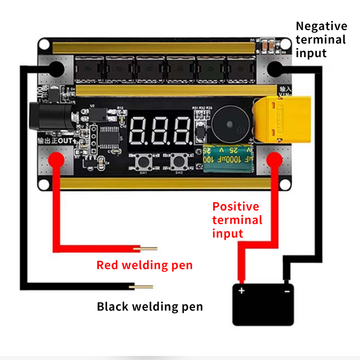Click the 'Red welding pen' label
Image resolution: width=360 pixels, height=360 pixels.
tap(144, 265)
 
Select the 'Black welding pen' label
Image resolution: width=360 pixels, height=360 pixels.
tap(150, 307)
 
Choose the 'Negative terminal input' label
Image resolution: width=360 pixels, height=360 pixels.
tap(321, 40)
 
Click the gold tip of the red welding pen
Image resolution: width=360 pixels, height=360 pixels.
tap(148, 248)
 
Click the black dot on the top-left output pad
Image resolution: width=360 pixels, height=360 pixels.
tap(55, 69)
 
